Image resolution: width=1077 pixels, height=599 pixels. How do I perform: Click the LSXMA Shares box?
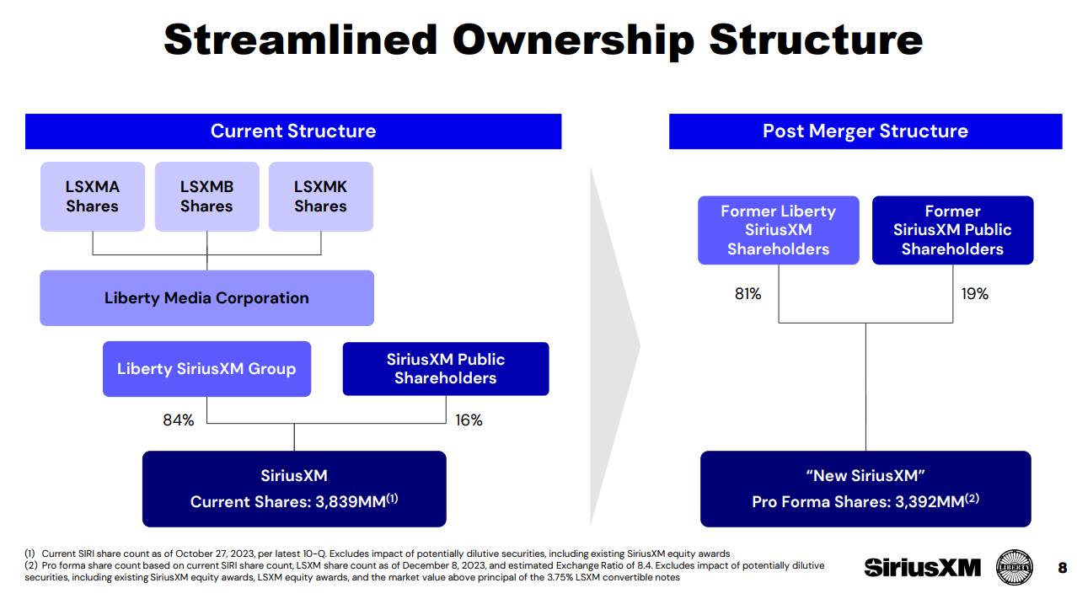click(93, 196)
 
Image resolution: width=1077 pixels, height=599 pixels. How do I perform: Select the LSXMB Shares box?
click(206, 196)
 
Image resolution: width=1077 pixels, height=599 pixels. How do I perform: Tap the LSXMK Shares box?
click(321, 196)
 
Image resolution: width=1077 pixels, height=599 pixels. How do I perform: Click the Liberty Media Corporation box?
click(206, 298)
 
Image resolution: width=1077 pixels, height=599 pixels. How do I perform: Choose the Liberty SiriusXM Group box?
click(206, 369)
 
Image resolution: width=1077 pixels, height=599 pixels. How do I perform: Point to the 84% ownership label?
click(179, 420)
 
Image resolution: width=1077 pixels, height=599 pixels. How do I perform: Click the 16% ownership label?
click(469, 420)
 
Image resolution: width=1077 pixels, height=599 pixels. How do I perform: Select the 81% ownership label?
click(747, 294)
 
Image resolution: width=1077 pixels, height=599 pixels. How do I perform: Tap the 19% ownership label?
click(974, 294)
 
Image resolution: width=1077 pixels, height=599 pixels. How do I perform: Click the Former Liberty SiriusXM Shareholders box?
click(779, 230)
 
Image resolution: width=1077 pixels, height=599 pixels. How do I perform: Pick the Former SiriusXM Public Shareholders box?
click(952, 230)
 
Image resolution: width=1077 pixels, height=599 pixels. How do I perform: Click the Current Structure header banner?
click(293, 131)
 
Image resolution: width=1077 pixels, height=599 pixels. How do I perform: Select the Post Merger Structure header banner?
click(865, 131)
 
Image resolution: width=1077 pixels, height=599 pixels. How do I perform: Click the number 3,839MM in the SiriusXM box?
click(351, 502)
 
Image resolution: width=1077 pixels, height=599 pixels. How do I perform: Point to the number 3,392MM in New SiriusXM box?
click(930, 502)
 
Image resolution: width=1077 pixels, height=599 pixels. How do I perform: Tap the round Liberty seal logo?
click(1015, 567)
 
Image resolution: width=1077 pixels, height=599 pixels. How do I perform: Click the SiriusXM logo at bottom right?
click(922, 568)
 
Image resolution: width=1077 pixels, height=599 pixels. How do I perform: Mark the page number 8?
click(1063, 568)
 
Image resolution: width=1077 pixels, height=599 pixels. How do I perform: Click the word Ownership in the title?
click(573, 41)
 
